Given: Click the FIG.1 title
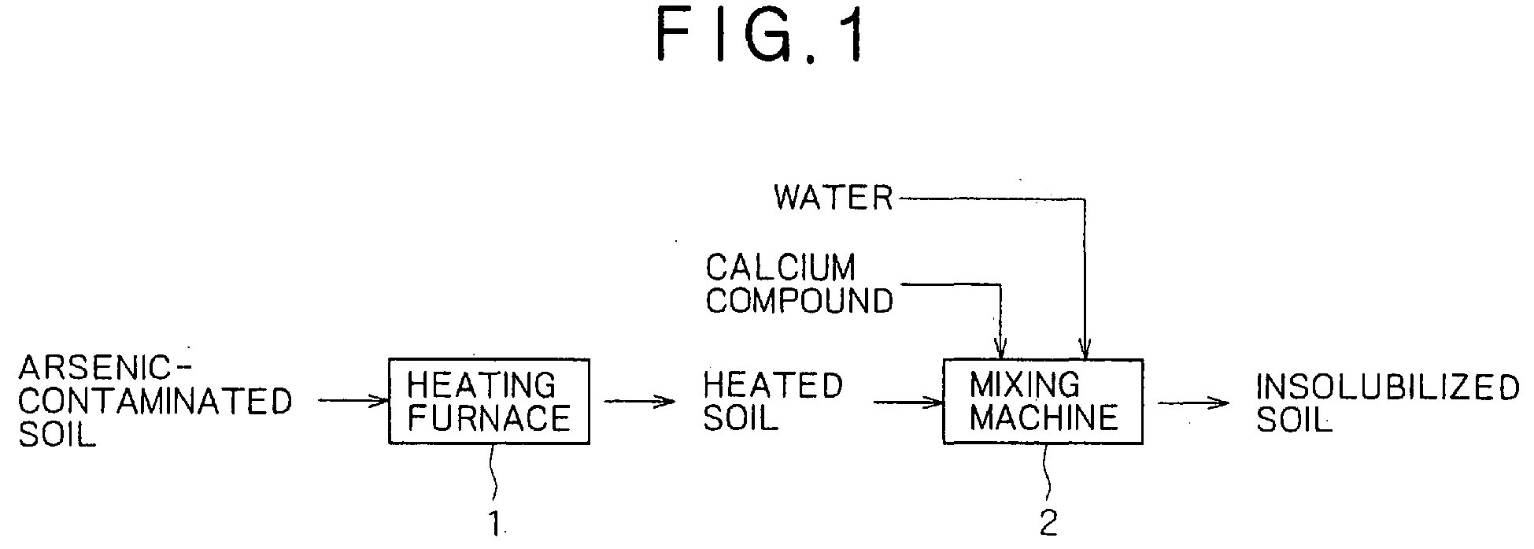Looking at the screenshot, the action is pyautogui.click(x=760, y=36).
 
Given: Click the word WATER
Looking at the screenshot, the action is pyautogui.click(x=834, y=198).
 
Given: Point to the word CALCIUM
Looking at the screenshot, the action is pyautogui.click(x=780, y=268).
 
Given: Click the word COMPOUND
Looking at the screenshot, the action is pyautogui.click(x=800, y=300).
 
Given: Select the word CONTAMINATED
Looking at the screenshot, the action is pyautogui.click(x=156, y=402).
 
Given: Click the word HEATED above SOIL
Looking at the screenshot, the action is pyautogui.click(x=773, y=385).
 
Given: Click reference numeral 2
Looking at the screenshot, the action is pyautogui.click(x=1049, y=524).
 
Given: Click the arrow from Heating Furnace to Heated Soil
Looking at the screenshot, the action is pyautogui.click(x=640, y=402).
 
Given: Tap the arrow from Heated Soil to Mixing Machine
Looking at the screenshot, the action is pyautogui.click(x=908, y=402).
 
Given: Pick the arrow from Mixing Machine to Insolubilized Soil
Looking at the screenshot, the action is pyautogui.click(x=1193, y=402).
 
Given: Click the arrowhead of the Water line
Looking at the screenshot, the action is pyautogui.click(x=1085, y=348).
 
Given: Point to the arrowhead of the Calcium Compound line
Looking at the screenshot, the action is pyautogui.click(x=1000, y=348).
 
